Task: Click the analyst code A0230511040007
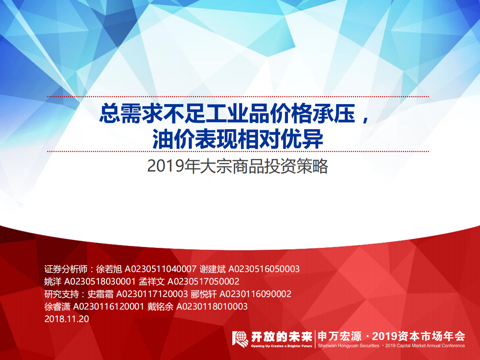161,269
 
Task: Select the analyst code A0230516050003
264,269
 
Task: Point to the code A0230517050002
203,281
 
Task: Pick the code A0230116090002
255,294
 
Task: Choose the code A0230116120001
109,306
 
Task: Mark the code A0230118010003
212,306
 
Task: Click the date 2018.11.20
66,319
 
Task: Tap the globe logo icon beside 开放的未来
240,339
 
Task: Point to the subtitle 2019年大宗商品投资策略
238,167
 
